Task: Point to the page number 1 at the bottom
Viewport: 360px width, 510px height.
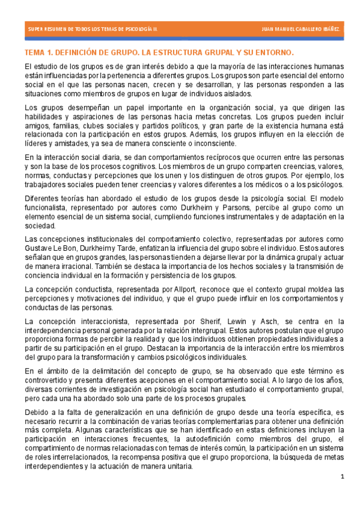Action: (341, 477)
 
